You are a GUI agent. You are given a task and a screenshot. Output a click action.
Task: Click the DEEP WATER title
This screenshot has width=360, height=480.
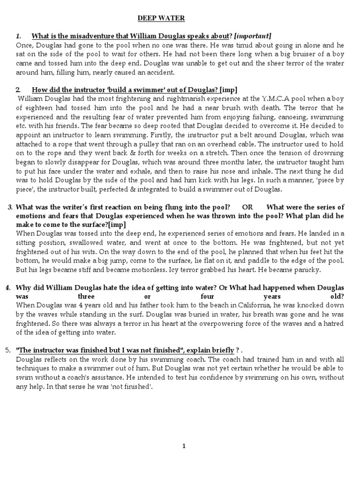(161, 18)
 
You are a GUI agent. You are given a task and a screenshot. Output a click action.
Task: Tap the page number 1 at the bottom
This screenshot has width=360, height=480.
(184, 446)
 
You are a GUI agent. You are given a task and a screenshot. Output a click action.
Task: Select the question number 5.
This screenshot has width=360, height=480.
(7, 350)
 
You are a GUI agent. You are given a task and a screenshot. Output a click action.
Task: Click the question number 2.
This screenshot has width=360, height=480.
(18, 90)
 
